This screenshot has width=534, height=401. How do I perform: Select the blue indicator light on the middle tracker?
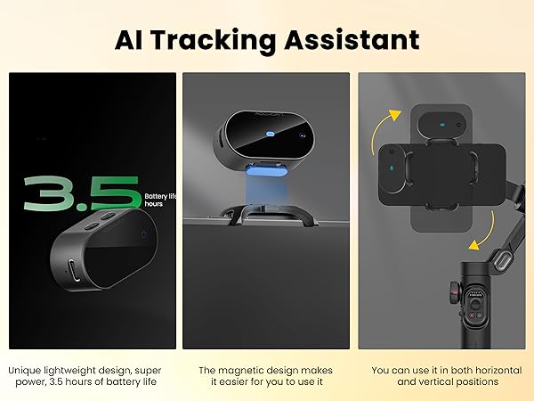(268, 135)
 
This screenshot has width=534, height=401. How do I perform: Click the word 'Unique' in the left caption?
(27, 368)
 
